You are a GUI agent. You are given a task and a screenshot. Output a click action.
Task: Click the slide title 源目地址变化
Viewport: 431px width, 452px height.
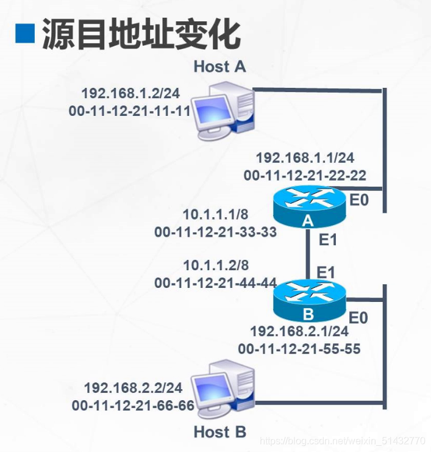pyautogui.click(x=140, y=34)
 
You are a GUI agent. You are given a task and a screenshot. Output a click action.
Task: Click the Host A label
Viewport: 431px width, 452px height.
pyautogui.click(x=220, y=66)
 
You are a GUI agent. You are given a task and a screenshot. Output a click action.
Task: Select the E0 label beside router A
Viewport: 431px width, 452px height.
pyautogui.click(x=358, y=199)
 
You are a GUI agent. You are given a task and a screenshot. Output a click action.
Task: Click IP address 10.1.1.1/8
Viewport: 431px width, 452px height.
pyautogui.click(x=216, y=215)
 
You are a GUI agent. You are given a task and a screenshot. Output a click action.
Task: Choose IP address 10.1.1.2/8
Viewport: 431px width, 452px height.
pyautogui.click(x=216, y=266)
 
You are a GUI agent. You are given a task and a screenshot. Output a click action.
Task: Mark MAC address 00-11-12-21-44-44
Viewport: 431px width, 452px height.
pyautogui.click(x=216, y=283)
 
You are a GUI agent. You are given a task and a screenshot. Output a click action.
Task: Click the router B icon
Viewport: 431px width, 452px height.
pyautogui.click(x=309, y=300)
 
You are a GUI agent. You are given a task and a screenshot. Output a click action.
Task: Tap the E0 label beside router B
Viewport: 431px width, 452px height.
pyautogui.click(x=358, y=317)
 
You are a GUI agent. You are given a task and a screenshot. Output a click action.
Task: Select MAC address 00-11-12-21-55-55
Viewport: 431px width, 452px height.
pyautogui.click(x=299, y=349)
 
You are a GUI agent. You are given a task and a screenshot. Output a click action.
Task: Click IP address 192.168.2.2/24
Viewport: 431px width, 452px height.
pyautogui.click(x=133, y=388)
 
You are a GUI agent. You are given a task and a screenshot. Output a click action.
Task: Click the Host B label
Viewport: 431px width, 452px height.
pyautogui.click(x=220, y=432)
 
